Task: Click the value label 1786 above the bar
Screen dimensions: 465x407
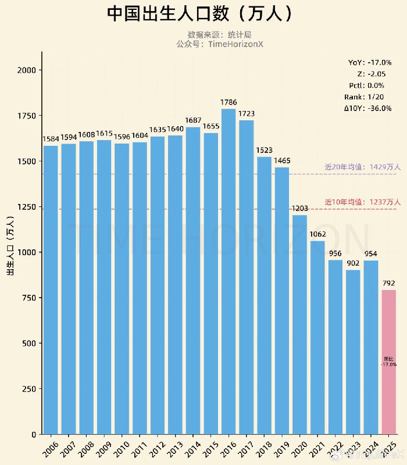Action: click(229, 102)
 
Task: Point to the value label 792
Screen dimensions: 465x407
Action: click(389, 283)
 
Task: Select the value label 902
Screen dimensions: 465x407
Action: click(354, 263)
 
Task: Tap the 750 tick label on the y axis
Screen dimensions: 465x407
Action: click(30, 298)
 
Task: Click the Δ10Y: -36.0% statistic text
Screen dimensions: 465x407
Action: click(367, 108)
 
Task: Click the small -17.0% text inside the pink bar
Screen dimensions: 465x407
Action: click(389, 364)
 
